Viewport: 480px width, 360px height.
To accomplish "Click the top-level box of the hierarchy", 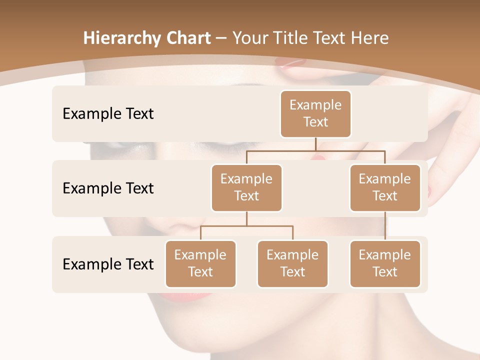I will point(315,113).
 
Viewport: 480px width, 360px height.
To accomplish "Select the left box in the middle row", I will point(246,187).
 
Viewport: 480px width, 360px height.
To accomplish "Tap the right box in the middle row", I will point(385,187).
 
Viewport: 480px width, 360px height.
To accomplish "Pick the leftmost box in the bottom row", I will point(200,263).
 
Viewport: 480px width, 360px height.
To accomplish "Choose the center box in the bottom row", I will point(292,263).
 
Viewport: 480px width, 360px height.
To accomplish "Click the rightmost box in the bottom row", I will point(385,263).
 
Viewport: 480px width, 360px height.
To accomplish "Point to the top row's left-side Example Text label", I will point(108,113).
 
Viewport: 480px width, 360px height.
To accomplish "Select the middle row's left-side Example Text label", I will point(108,188).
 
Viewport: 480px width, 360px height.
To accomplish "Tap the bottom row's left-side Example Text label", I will point(108,264).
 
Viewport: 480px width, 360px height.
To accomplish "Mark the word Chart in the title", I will point(185,38).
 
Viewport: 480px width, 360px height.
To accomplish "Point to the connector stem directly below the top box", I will point(315,144).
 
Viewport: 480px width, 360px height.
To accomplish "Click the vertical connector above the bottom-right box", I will point(385,226).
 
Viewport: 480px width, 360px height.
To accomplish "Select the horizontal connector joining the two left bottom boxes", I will point(246,226).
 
